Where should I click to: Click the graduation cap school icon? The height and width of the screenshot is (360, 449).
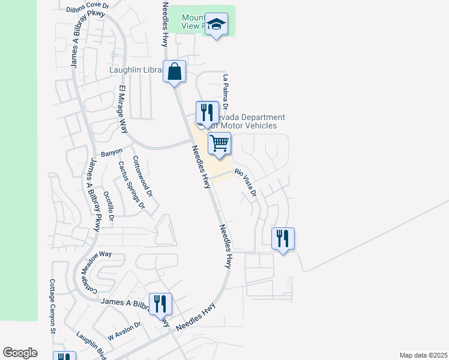click(x=216, y=25)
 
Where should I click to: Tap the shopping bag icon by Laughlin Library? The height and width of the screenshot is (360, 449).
click(x=174, y=72)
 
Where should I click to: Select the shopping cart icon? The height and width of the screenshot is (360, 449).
click(x=220, y=143)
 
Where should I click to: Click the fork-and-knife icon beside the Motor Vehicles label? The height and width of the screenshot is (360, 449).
click(x=205, y=112)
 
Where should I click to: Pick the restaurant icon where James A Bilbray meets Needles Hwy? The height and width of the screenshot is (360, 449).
click(x=160, y=304)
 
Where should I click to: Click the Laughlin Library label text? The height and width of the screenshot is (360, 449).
click(x=136, y=70)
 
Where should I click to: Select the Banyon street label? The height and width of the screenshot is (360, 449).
click(x=112, y=152)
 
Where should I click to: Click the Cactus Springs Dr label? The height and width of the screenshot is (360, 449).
click(x=131, y=185)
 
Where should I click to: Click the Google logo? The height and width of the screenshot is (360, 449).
click(x=20, y=353)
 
